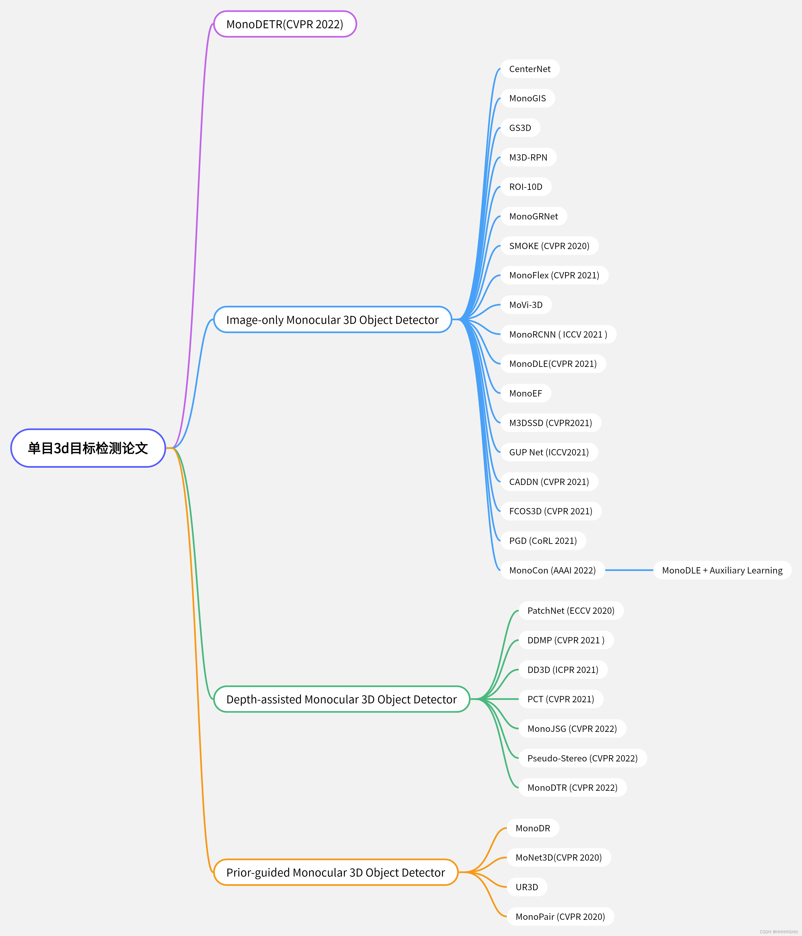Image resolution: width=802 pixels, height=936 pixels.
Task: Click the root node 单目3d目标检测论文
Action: (x=88, y=448)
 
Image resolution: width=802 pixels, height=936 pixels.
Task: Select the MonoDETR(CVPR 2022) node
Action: (x=285, y=24)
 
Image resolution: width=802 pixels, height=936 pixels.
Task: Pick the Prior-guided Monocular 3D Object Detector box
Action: (x=335, y=872)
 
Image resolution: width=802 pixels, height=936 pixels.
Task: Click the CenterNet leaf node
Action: (x=530, y=69)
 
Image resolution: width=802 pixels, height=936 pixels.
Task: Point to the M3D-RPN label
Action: (x=528, y=157)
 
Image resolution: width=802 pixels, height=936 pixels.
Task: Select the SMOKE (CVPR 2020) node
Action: (x=549, y=246)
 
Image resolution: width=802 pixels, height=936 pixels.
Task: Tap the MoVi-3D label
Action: (x=526, y=305)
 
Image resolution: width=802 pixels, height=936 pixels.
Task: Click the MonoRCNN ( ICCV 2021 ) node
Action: (x=558, y=334)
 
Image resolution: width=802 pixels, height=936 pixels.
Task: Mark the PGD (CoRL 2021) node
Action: (x=543, y=541)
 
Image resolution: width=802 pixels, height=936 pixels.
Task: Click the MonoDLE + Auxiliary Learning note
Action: (x=722, y=570)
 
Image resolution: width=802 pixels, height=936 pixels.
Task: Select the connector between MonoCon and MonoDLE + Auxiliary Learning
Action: (x=629, y=570)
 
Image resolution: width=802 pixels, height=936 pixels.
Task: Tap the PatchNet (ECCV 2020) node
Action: (x=571, y=611)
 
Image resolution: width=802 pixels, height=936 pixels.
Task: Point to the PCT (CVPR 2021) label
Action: (x=560, y=699)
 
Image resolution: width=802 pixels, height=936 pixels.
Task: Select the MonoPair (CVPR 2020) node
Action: (x=560, y=917)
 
